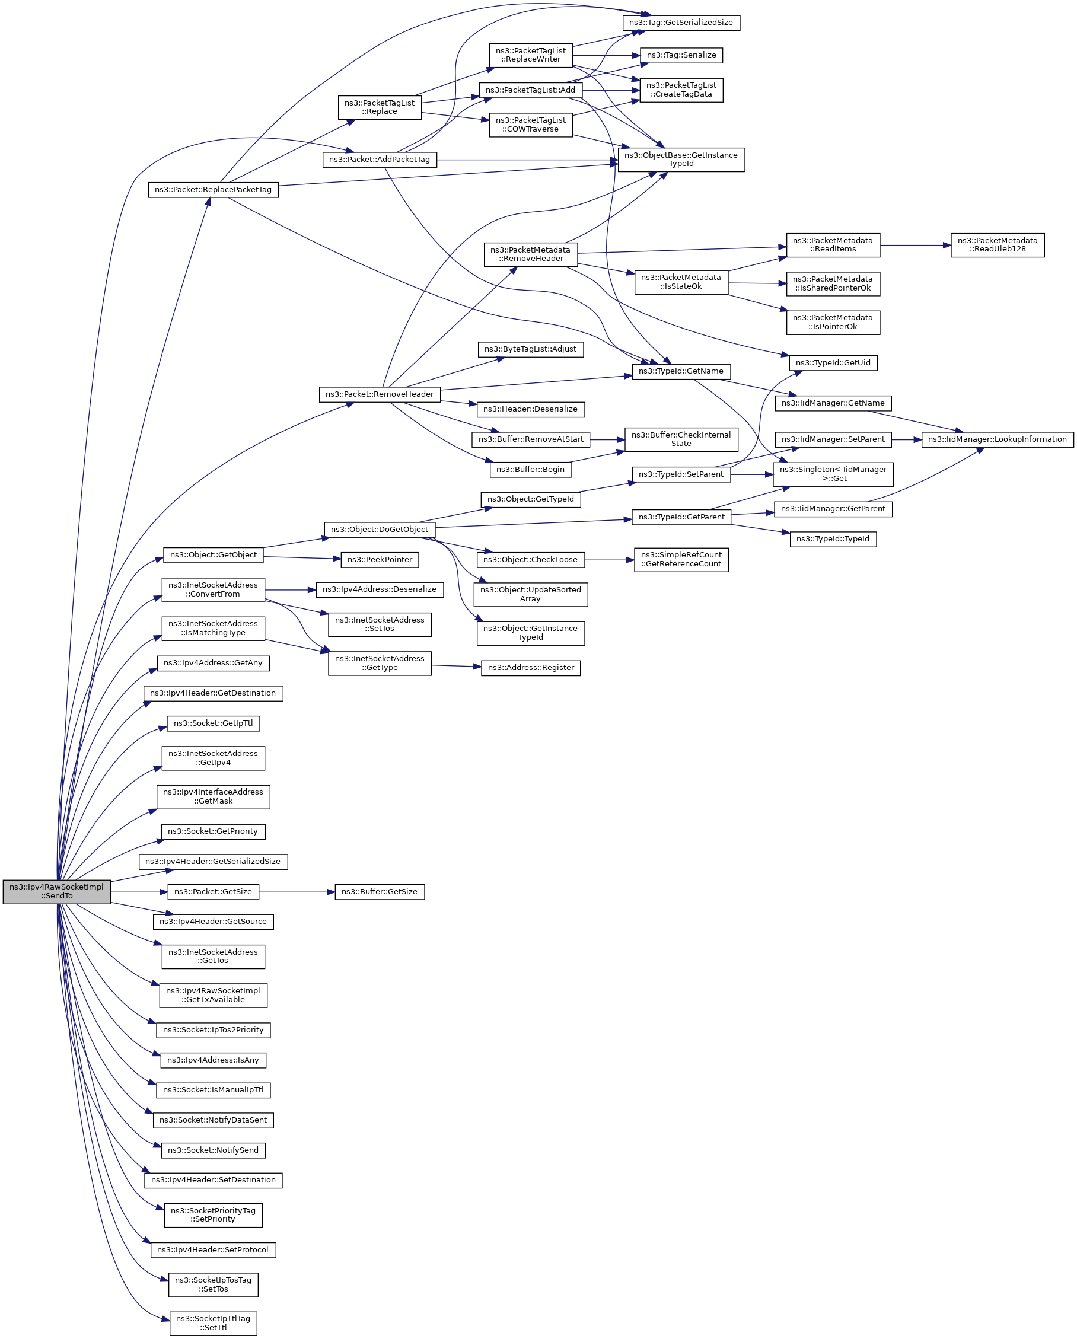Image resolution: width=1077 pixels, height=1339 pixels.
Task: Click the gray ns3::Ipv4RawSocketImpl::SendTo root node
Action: [x=56, y=891]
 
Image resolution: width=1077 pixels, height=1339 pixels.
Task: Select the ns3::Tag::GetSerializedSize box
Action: [x=681, y=23]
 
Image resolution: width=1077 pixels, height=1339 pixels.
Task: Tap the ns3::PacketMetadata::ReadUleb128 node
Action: [x=997, y=245]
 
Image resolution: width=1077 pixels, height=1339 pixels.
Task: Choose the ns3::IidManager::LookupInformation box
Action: [x=997, y=439]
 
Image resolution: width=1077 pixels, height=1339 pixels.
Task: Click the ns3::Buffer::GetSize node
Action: [x=380, y=892]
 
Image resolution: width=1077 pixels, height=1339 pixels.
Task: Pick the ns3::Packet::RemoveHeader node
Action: [x=380, y=394]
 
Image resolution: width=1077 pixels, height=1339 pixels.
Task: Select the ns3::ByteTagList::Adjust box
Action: [x=530, y=349]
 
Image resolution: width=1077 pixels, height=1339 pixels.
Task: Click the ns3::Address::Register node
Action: [x=530, y=668]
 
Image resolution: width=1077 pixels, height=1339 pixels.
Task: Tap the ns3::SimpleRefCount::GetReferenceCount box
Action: [x=681, y=560]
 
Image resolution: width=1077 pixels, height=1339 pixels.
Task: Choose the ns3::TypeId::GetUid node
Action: [x=832, y=363]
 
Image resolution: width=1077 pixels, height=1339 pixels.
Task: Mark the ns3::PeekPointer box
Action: [x=380, y=560]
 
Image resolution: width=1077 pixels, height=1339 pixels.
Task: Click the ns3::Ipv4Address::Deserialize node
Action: [x=380, y=589]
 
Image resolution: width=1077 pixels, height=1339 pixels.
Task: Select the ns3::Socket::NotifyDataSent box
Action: [x=213, y=1120]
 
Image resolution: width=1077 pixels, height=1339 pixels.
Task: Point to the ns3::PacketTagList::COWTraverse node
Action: [x=530, y=125]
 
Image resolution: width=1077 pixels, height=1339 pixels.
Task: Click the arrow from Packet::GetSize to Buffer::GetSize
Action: [x=297, y=892]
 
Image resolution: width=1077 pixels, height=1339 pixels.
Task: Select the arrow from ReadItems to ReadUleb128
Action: [x=915, y=246]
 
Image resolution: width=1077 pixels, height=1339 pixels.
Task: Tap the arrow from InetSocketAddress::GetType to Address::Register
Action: [x=456, y=667]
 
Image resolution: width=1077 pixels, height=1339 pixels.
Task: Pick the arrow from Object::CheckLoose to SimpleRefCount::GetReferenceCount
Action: [x=608, y=560]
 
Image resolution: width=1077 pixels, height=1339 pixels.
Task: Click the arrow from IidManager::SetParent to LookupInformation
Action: [x=907, y=439]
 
